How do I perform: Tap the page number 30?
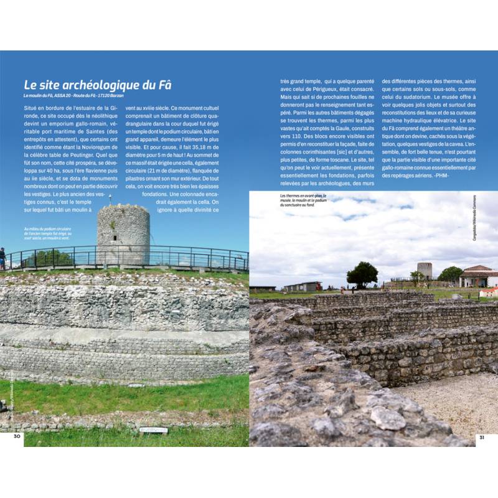tap(18, 436)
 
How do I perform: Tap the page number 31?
tap(481, 436)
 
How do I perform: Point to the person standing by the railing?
tap(2, 257)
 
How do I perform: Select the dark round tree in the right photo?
tap(362, 273)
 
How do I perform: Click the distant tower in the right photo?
tap(425, 270)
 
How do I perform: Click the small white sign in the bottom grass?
tap(154, 430)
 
